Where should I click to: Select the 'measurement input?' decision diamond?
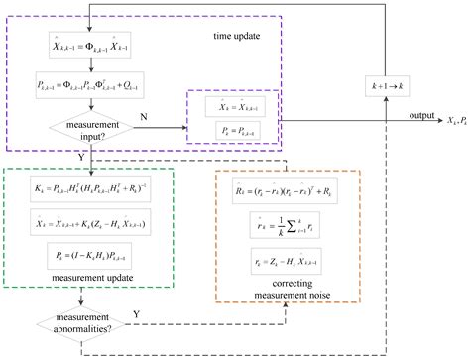pyautogui.click(x=92, y=129)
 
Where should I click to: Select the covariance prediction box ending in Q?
pyautogui.click(x=91, y=90)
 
